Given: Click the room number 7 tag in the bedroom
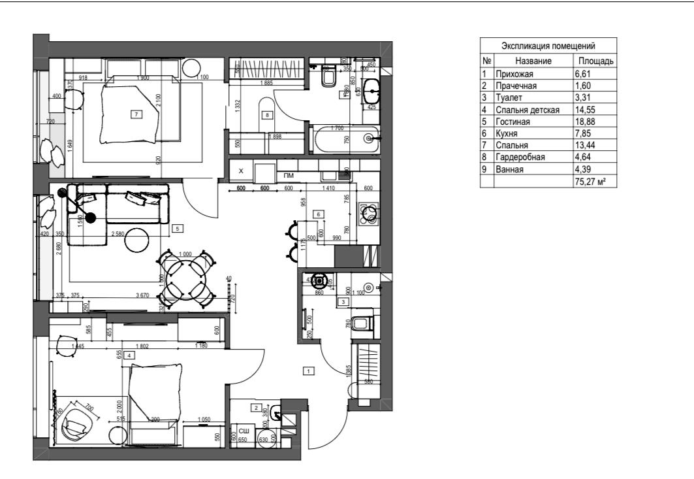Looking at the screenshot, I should [x=135, y=114].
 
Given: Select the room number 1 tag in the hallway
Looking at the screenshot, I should [x=309, y=371].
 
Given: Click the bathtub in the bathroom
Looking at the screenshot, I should [x=345, y=138].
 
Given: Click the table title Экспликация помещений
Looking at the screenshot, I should [x=548, y=46].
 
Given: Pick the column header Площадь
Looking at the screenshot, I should [x=593, y=61].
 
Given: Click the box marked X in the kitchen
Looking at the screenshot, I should [x=241, y=171].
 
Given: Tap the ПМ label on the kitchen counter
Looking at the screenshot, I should [x=288, y=175].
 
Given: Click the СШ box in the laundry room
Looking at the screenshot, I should [x=243, y=431].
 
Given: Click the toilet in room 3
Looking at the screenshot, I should [x=362, y=322].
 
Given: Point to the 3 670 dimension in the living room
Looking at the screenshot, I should [x=142, y=295].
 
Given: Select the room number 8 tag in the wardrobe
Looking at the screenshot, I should [x=266, y=115].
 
